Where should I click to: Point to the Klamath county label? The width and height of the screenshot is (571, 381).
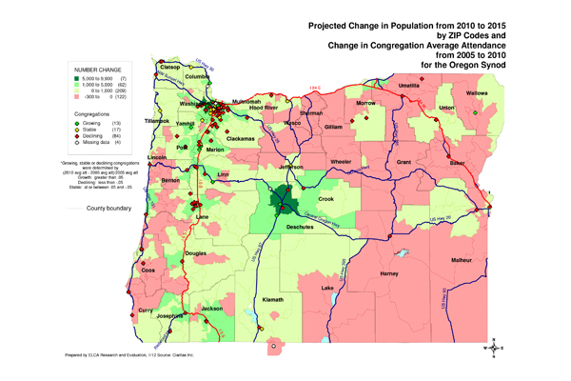[x=274, y=300]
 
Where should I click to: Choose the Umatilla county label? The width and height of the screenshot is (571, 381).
[x=408, y=85]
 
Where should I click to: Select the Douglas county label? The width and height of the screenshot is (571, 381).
[x=194, y=252]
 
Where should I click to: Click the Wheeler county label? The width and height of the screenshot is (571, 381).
[x=341, y=162]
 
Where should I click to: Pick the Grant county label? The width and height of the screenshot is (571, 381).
[x=404, y=162]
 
